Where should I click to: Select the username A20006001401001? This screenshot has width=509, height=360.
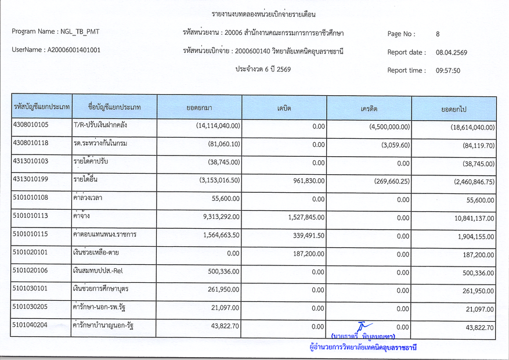coord(73,50)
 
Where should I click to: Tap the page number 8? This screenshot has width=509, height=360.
coord(438,34)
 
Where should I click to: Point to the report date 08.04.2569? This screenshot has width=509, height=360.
coord(451,52)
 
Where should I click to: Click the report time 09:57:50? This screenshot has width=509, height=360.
coord(447,71)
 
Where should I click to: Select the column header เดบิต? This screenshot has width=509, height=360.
coord(284,109)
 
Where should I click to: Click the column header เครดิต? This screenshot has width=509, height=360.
coord(369,109)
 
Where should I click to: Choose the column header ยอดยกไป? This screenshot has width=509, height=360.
coord(454,109)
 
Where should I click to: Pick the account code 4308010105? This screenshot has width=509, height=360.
coord(31,124)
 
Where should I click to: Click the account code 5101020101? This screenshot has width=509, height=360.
coord(31,251)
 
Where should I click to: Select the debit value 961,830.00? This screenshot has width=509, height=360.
coord(306,181)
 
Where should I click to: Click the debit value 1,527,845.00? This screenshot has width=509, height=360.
coord(304,218)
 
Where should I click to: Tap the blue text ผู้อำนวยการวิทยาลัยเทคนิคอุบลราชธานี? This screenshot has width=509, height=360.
coord(364,348)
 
